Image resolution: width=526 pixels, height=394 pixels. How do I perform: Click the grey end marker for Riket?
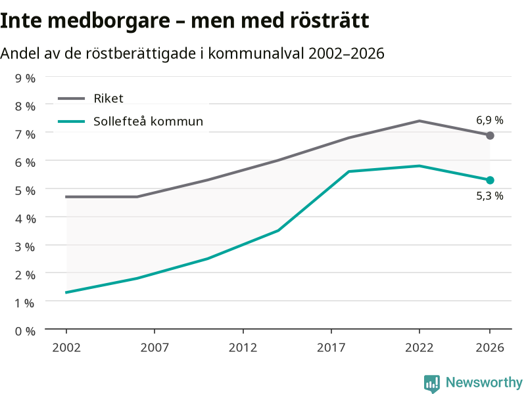click(x=490, y=136)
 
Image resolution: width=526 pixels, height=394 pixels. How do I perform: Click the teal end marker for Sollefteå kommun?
click(x=490, y=180)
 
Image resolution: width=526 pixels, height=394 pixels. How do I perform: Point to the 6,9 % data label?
click(x=490, y=120)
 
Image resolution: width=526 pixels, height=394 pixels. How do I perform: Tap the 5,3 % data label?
click(x=490, y=196)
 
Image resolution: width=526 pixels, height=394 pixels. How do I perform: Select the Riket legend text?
click(x=108, y=98)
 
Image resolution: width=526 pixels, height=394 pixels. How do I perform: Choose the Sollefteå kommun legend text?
click(x=149, y=121)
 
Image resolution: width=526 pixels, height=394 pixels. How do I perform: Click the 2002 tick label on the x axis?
click(x=66, y=348)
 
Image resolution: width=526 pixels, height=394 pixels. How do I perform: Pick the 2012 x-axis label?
click(x=243, y=348)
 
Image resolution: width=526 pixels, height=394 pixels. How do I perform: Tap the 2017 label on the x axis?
click(x=331, y=348)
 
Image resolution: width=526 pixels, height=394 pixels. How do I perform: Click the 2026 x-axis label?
click(x=490, y=348)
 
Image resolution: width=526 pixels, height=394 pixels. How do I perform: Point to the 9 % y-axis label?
click(x=25, y=78)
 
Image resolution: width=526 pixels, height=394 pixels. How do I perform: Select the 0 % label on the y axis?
click(x=25, y=332)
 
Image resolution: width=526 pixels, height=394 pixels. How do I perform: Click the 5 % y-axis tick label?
click(x=25, y=190)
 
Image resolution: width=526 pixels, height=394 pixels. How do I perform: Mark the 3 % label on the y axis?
click(x=25, y=247)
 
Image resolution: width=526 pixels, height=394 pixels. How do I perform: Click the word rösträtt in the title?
click(x=329, y=20)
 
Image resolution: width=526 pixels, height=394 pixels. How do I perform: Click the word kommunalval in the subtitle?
click(x=256, y=53)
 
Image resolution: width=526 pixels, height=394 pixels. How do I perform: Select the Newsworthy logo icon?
click(x=432, y=383)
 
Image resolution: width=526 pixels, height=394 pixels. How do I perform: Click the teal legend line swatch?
click(x=72, y=121)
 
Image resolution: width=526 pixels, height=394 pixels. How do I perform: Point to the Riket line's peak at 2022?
click(x=419, y=121)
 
